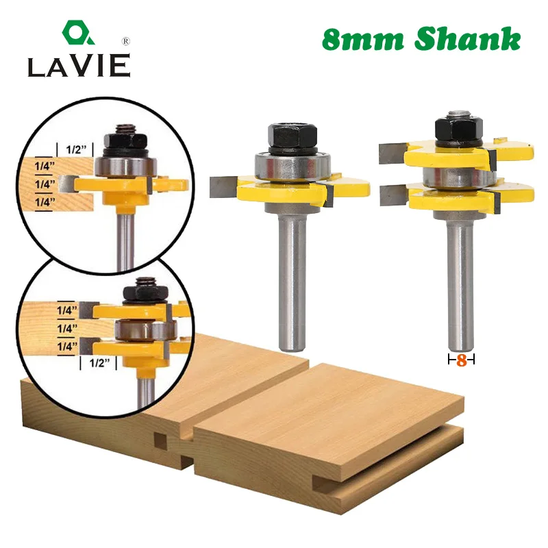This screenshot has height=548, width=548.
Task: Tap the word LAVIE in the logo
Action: [x=78, y=66]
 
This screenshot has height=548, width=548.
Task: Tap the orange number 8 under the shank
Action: [x=461, y=360]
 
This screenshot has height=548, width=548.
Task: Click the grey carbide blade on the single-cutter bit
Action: [x=223, y=184]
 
